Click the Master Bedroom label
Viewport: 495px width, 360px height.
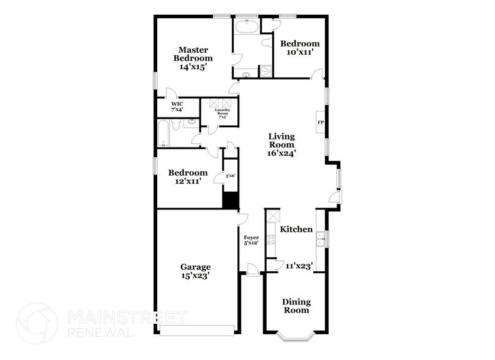pyautogui.click(x=192, y=54)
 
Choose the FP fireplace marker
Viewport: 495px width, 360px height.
pyautogui.click(x=320, y=122)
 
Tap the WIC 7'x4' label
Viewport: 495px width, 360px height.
pyautogui.click(x=177, y=107)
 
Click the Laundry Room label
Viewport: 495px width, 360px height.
pyautogui.click(x=220, y=113)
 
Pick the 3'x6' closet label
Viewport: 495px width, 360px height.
pyautogui.click(x=230, y=176)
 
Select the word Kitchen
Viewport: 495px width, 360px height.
pyautogui.click(x=297, y=229)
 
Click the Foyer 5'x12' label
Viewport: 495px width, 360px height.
pyautogui.click(x=251, y=240)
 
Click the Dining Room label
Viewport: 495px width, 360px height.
pyautogui.click(x=296, y=306)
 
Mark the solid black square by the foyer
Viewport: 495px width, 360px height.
pyautogui.click(x=230, y=200)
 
